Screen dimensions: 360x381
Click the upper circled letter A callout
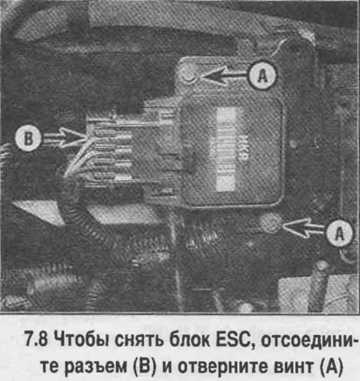(263, 76)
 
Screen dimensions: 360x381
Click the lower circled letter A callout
(339, 232)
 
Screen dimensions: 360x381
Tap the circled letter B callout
(28, 138)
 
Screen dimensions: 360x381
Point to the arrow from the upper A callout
(224, 76)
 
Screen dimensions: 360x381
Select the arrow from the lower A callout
(303, 228)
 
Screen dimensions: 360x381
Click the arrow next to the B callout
(64, 138)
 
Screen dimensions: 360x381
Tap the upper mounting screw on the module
(189, 77)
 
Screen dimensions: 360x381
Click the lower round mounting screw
(270, 223)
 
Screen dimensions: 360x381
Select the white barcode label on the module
(226, 150)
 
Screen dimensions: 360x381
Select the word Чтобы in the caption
(77, 341)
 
